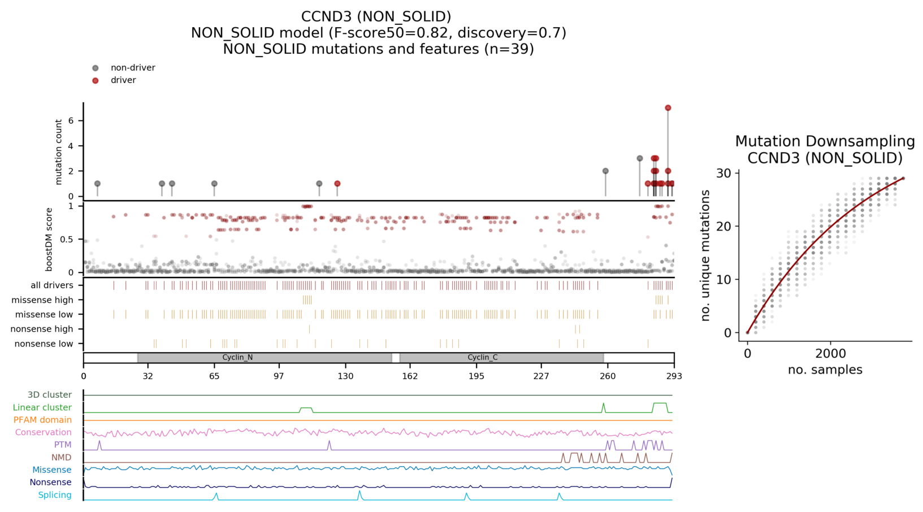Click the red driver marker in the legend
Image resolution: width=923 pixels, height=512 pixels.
[96, 80]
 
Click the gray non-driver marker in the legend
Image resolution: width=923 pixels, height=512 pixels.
[96, 68]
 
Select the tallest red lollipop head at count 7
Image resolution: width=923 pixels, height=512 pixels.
[668, 108]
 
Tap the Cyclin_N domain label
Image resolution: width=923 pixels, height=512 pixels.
[237, 358]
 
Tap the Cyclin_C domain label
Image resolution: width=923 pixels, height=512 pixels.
[483, 358]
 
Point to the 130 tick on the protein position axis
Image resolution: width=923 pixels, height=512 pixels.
[345, 376]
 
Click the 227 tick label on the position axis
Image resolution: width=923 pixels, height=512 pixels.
[541, 376]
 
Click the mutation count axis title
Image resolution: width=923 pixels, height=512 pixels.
[59, 151]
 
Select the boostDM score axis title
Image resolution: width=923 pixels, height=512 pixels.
[49, 240]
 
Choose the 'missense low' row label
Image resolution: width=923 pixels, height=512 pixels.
[44, 314]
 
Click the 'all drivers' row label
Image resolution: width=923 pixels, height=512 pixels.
[52, 285]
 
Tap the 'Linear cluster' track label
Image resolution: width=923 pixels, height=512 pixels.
[42, 407]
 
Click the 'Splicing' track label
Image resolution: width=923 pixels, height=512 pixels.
[55, 495]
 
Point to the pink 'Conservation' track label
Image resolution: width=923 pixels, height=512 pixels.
[43, 432]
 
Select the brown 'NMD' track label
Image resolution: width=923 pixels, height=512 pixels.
[61, 457]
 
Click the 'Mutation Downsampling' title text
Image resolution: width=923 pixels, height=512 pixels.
[825, 141]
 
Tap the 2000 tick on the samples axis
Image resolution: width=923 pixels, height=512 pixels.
[830, 354]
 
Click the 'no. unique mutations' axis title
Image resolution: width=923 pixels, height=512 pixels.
[705, 255]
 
